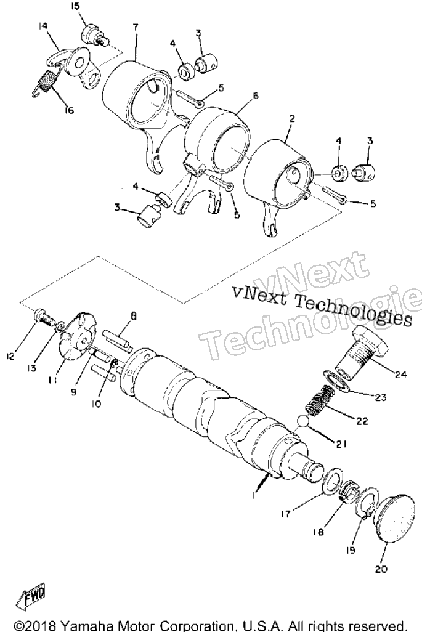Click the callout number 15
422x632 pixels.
(x=75, y=7)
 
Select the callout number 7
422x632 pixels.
(x=136, y=27)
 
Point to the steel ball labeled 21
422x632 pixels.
(x=302, y=421)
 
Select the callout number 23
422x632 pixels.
(x=381, y=398)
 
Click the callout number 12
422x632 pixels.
(x=10, y=356)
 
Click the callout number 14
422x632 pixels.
(x=43, y=26)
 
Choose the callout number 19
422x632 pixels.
(x=351, y=549)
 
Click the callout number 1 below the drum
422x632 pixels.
(x=253, y=496)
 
